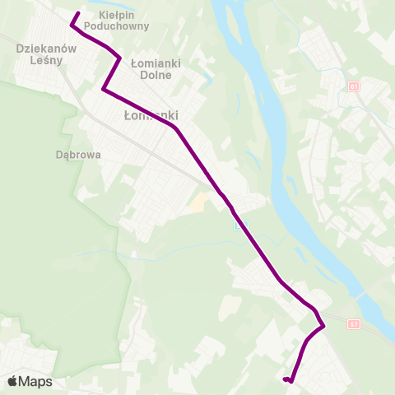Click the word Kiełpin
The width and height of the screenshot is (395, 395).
[115, 15]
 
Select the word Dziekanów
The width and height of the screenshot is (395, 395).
[46, 49]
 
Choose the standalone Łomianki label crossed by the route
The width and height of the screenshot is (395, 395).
[150, 116]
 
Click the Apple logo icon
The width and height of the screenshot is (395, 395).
[12, 381]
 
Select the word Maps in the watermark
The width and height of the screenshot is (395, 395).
[35, 381]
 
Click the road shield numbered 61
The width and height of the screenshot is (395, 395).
[354, 86]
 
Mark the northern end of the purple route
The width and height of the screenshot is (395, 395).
[77, 13]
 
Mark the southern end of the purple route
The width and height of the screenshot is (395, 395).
[284, 379]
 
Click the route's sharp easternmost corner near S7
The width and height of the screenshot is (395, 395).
[324, 325]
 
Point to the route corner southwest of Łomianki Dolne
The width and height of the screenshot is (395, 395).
[103, 89]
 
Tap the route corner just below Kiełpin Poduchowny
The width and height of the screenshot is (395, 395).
[120, 58]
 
